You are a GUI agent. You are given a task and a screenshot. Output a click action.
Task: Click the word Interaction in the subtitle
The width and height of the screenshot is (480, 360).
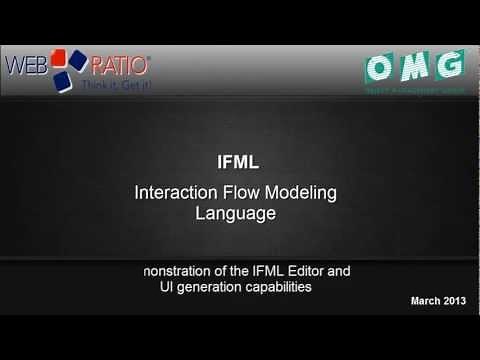pos(173,191)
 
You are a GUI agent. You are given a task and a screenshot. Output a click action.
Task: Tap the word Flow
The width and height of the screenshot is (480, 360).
pos(238,191)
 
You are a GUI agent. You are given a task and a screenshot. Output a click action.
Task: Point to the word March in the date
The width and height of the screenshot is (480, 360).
pos(426,301)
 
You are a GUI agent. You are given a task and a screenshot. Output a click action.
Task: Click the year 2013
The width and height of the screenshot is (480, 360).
pos(455,301)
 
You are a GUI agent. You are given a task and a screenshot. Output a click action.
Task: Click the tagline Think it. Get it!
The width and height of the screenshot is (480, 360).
pos(116,84)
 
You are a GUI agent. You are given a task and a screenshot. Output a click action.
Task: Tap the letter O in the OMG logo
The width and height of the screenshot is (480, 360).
pos(382,66)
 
